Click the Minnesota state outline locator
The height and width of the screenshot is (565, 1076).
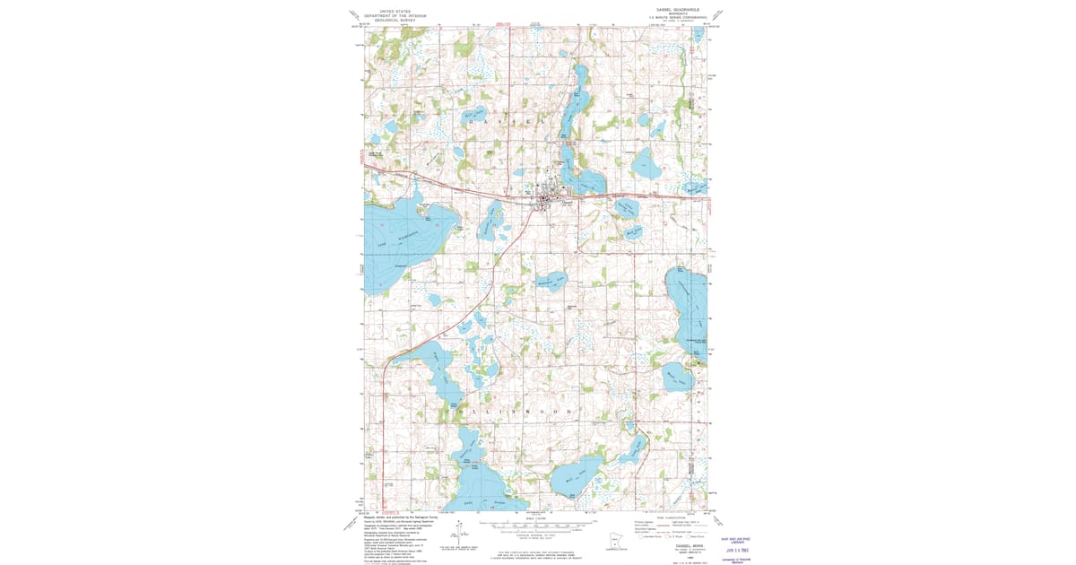point(614,543)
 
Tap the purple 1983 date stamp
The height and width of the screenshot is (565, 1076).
point(738,548)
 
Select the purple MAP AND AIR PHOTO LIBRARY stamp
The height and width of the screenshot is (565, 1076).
point(738,539)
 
